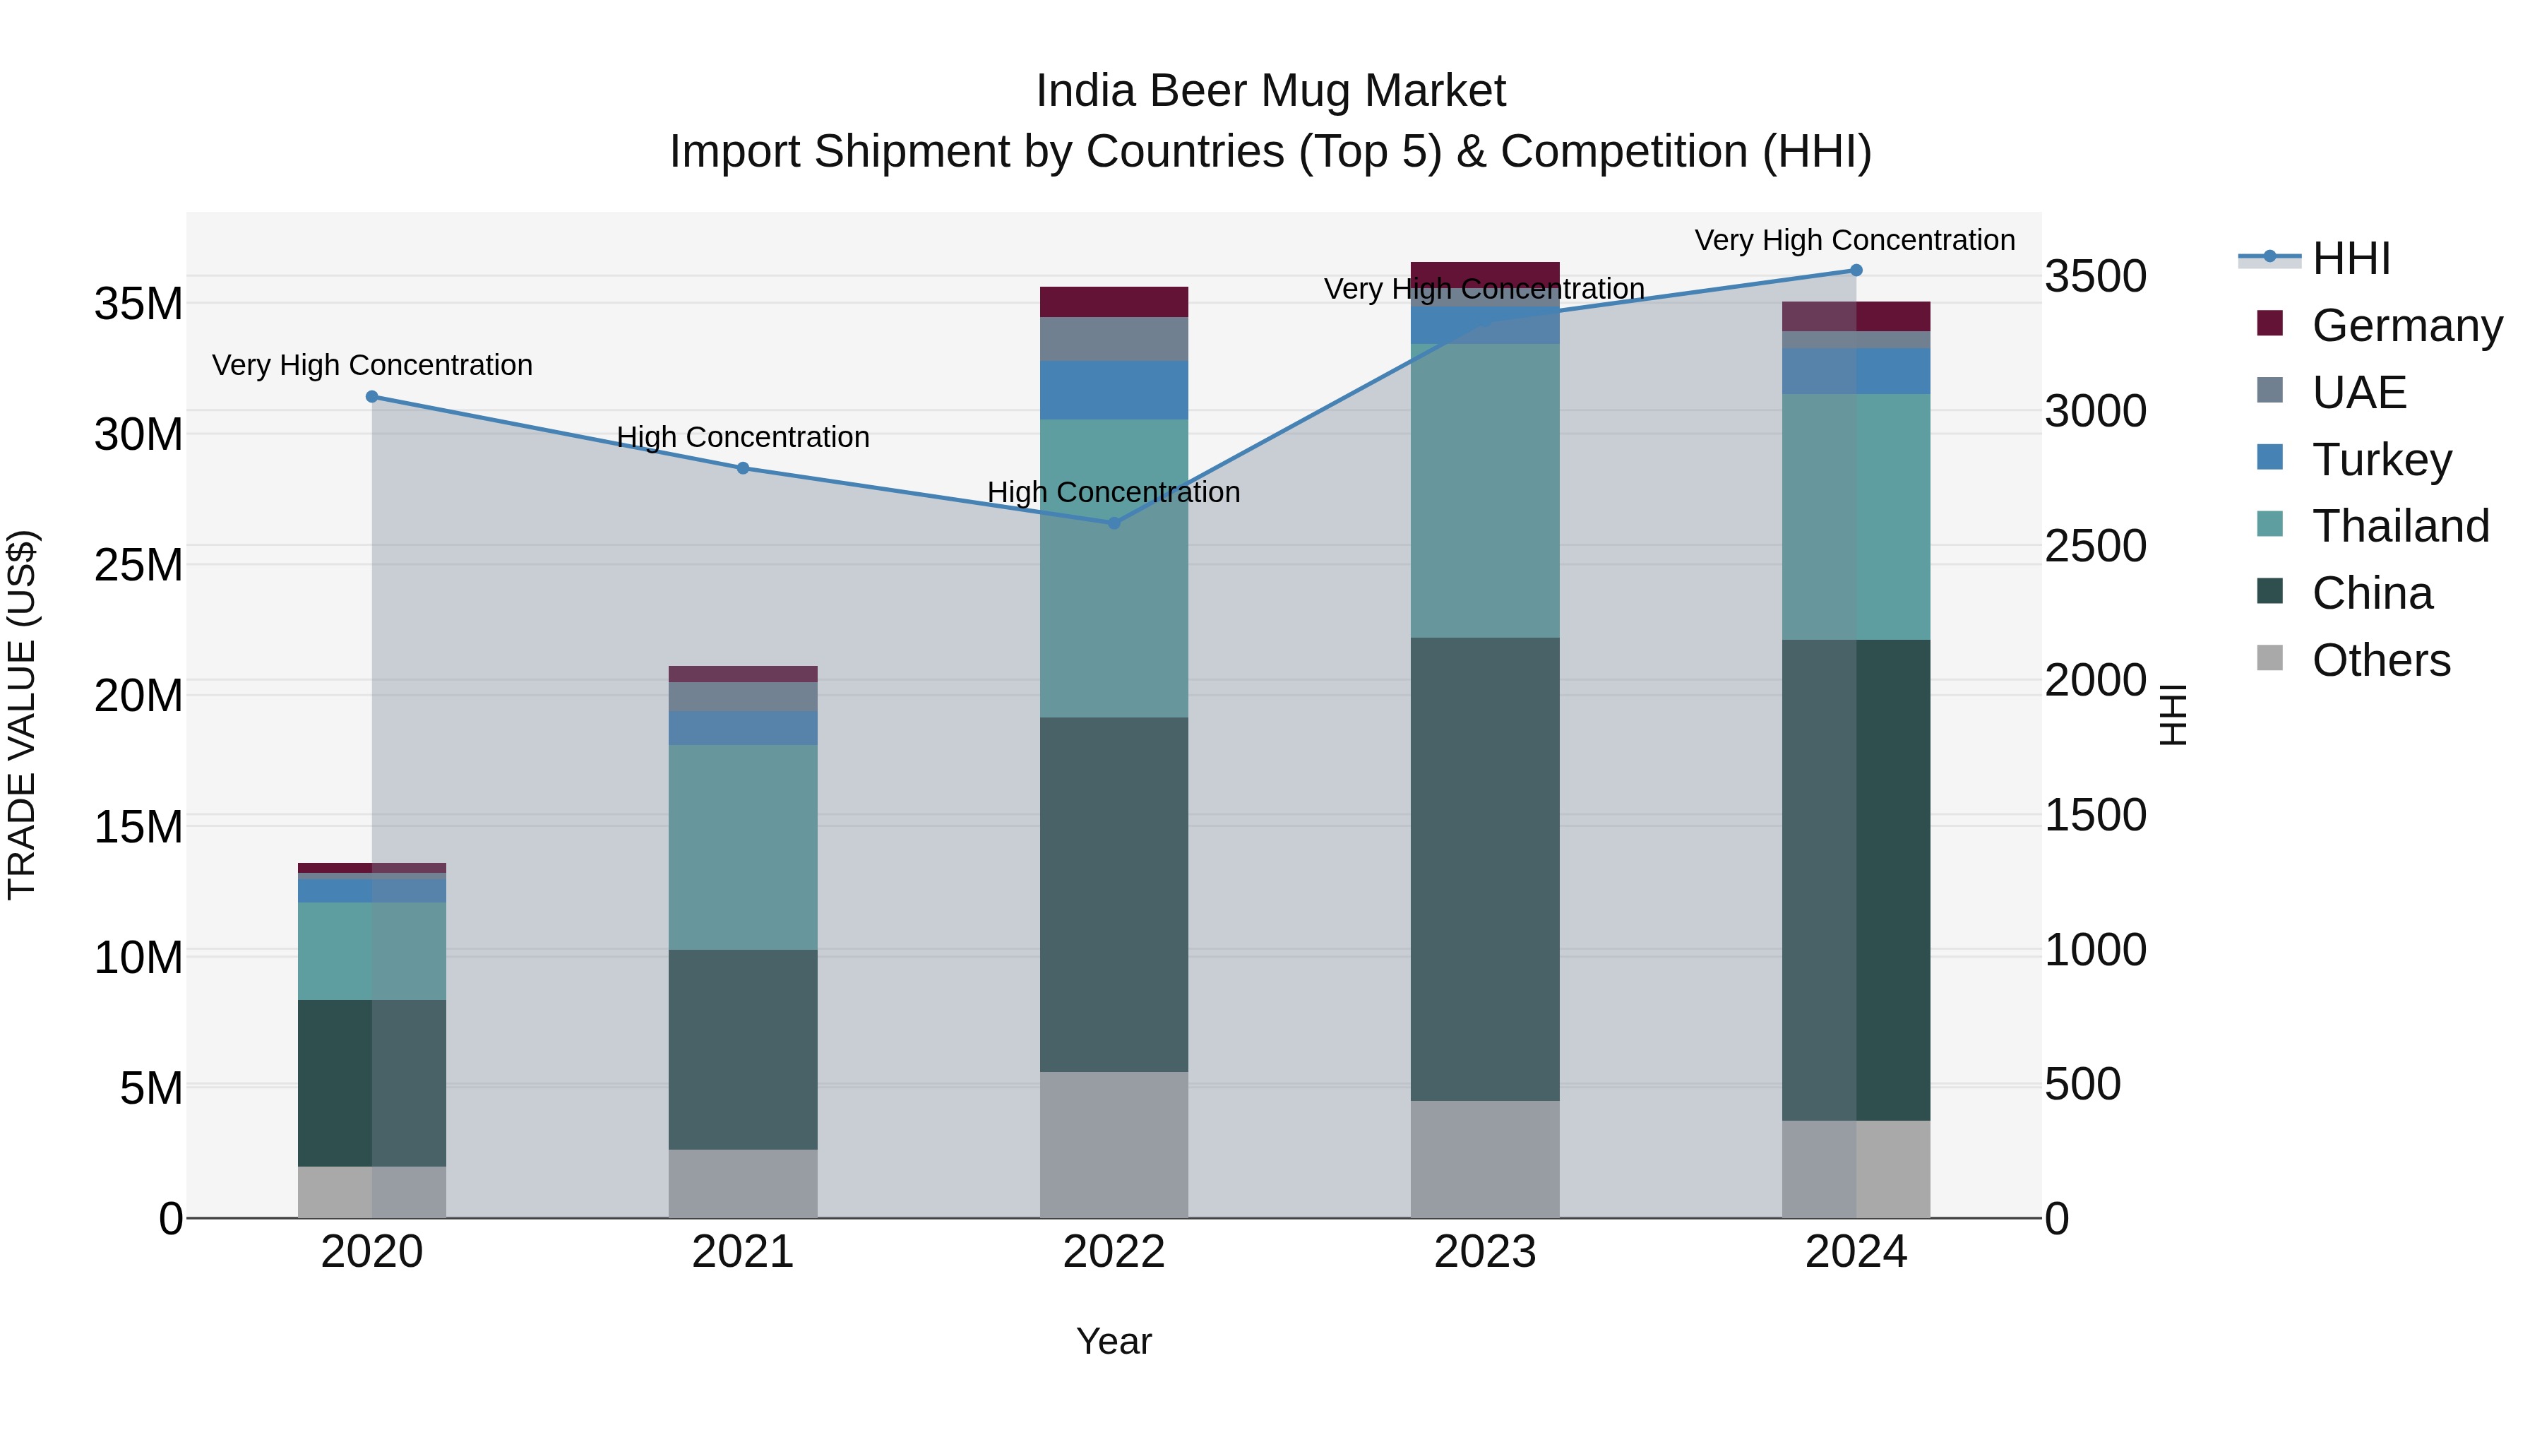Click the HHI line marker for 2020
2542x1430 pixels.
372,397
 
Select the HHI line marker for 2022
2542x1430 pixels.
1114,523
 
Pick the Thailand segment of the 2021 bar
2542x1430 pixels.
743,847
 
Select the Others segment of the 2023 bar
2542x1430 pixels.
1485,1159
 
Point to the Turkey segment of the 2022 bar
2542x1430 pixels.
1114,390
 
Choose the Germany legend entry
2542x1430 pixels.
2406,326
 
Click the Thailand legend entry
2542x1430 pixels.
2400,526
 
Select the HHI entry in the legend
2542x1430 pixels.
2351,258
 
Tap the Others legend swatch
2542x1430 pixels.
2269,658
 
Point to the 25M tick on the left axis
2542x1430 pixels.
138,566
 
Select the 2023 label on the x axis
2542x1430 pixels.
1485,1252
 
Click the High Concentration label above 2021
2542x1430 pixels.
743,437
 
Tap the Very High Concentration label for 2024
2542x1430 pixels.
1854,240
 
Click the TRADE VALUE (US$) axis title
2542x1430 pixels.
22,715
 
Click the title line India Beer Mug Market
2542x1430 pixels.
1270,91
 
